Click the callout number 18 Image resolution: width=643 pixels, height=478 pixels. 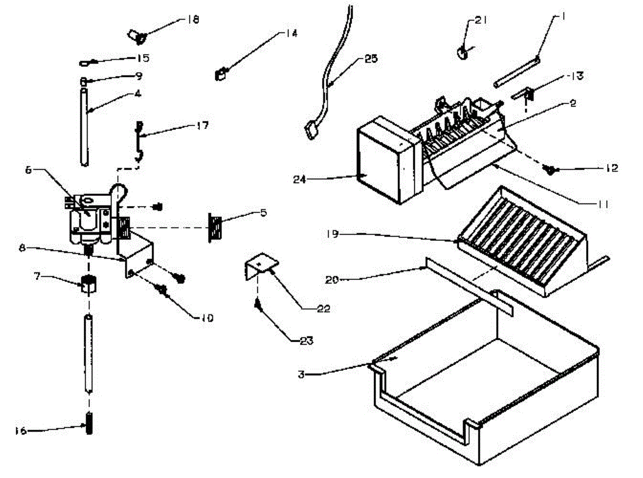click(x=192, y=20)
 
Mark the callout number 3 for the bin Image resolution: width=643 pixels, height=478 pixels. click(x=302, y=374)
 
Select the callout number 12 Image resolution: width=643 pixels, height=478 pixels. click(x=611, y=169)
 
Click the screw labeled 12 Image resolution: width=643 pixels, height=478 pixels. click(x=549, y=169)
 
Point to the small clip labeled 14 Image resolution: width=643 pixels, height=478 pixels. click(x=220, y=74)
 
